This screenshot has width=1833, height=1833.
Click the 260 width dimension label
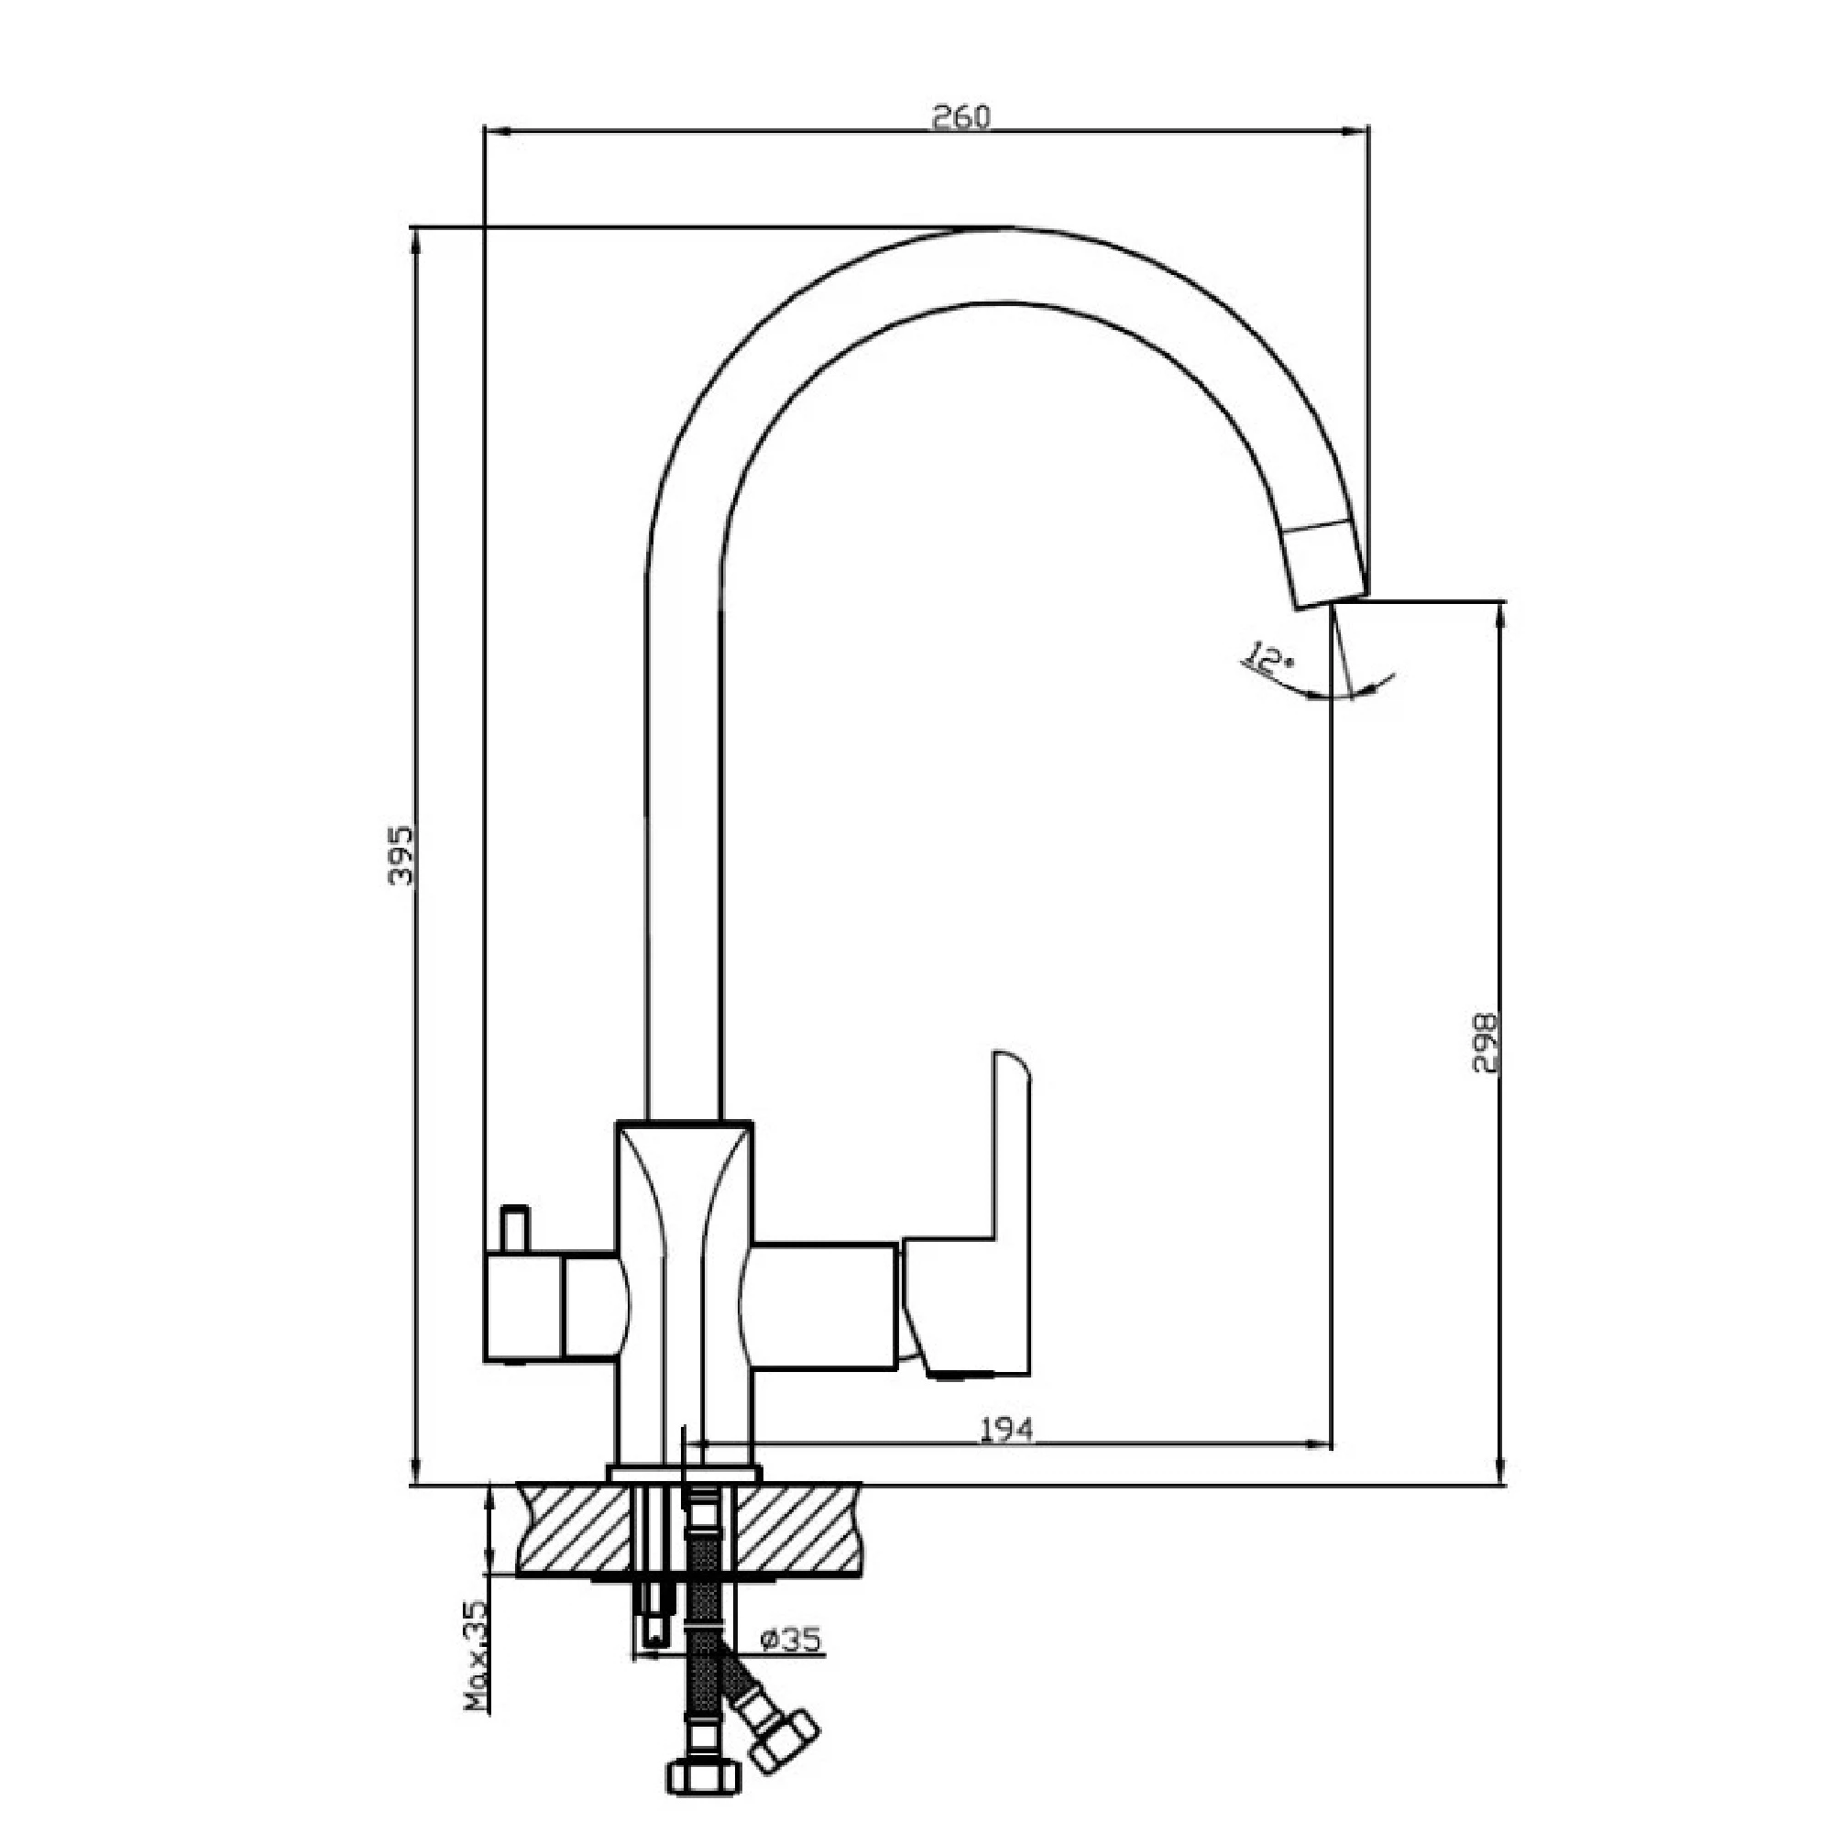click(960, 116)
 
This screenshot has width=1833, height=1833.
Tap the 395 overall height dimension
click(402, 854)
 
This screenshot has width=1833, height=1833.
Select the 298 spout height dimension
click(1483, 1043)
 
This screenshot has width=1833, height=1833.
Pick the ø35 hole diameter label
click(791, 1639)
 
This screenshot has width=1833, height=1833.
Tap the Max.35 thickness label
click(477, 1654)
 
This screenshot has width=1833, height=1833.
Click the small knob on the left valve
click(514, 1230)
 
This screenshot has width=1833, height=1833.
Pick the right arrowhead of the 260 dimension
click(1358, 134)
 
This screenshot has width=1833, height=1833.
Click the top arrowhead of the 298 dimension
click(1500, 612)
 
